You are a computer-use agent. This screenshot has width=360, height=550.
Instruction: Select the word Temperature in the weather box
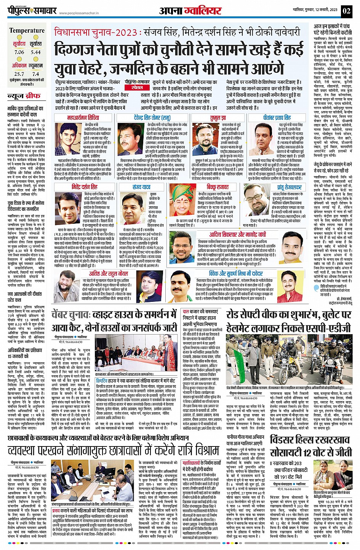(27, 31)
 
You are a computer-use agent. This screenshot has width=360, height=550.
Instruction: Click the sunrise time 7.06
(19, 52)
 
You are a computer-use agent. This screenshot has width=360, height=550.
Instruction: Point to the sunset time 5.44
(36, 52)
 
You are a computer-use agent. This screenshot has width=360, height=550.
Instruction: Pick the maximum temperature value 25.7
(19, 74)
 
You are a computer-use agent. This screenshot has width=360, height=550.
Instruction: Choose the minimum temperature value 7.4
(36, 74)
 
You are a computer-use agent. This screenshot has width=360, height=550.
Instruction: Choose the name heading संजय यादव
(141, 187)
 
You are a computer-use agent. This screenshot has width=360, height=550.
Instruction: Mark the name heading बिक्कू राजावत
(218, 187)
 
